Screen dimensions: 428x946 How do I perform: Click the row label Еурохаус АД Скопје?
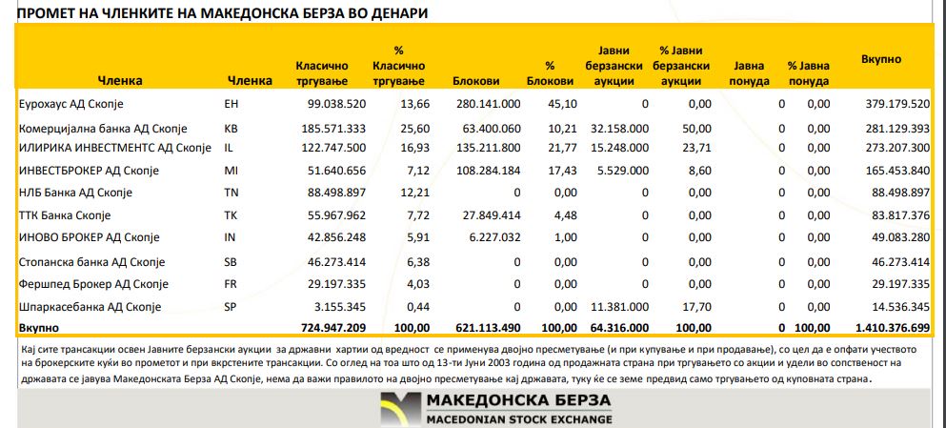click(72, 104)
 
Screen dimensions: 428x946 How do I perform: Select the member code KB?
click(231, 129)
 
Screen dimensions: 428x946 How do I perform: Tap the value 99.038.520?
click(332, 104)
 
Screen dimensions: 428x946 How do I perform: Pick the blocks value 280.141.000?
click(488, 104)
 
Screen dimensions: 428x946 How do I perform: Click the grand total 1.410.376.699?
click(882, 328)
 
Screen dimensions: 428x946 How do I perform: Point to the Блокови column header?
click(476, 81)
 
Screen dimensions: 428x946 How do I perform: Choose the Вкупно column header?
click(881, 59)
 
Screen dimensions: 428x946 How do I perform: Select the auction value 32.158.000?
click(619, 129)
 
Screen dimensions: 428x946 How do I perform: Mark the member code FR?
click(231, 284)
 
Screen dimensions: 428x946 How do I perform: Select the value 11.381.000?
click(619, 307)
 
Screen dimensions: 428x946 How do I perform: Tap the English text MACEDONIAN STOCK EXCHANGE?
click(518, 419)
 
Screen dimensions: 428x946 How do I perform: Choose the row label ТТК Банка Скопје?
click(66, 215)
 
